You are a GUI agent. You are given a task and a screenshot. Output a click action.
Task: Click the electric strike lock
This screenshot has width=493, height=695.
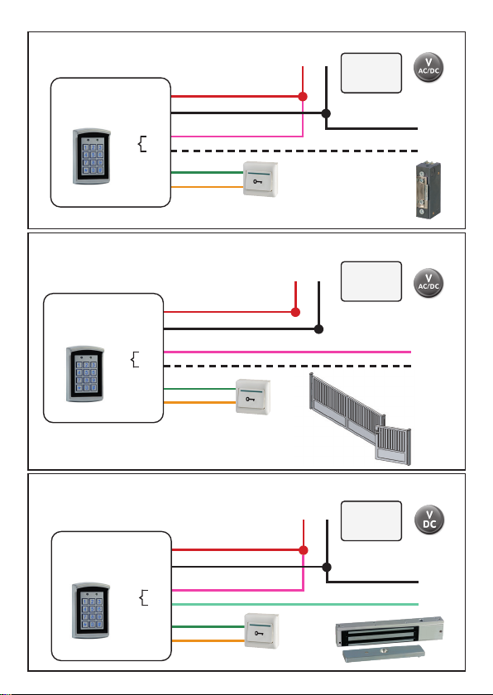coord(428,190)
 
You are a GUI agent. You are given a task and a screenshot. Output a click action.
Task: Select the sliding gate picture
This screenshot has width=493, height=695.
coord(360,419)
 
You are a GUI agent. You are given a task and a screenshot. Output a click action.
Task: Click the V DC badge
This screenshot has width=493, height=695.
coord(429,520)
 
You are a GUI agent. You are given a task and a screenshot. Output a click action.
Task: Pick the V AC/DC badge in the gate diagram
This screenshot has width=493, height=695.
coord(428,283)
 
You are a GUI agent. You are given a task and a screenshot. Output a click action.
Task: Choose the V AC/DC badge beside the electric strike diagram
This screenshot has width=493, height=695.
coord(428,67)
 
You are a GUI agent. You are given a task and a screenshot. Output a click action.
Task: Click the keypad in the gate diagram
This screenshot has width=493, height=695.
coord(85,374)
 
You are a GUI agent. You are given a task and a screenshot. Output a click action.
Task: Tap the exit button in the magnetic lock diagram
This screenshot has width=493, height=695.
coord(261,630)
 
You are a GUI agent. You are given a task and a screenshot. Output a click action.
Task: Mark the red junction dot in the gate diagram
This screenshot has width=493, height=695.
coord(295,312)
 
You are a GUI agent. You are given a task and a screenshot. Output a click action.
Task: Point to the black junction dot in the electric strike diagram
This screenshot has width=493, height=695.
coord(326,113)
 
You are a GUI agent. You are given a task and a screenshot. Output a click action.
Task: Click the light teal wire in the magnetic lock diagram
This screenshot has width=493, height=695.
coord(294,604)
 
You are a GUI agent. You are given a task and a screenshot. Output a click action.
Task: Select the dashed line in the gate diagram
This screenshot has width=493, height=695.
coord(288,366)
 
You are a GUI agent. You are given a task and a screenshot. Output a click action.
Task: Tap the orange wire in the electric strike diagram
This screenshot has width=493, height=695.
coord(208,187)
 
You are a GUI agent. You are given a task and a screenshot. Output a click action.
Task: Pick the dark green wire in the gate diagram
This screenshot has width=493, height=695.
coord(200,389)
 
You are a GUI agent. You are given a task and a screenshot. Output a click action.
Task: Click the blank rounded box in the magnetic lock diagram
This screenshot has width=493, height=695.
coord(371,520)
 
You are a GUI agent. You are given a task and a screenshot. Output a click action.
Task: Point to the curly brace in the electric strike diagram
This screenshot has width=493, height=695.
coord(142,144)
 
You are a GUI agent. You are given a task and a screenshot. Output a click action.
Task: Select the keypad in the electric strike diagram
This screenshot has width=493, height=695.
coord(92,156)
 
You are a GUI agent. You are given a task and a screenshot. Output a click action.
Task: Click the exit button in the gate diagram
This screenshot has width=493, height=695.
coord(253,397)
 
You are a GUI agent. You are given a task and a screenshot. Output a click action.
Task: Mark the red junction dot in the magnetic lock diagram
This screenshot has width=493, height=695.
coord(304,550)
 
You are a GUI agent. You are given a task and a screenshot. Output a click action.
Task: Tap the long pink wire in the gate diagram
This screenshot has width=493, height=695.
coord(288,352)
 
